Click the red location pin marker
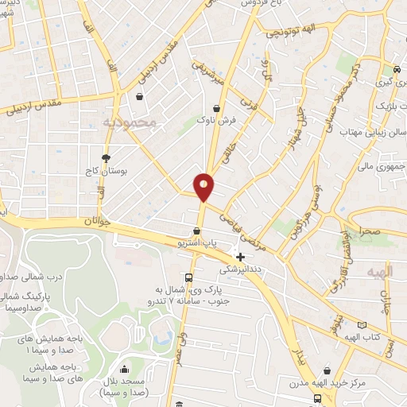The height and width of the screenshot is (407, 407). (x=204, y=187)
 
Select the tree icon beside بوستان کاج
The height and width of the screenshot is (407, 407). (x=106, y=158)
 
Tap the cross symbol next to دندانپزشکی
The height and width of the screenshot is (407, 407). (x=241, y=257)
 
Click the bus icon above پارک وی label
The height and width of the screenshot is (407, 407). (x=188, y=277)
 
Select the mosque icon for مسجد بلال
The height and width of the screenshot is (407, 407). (x=123, y=369)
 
